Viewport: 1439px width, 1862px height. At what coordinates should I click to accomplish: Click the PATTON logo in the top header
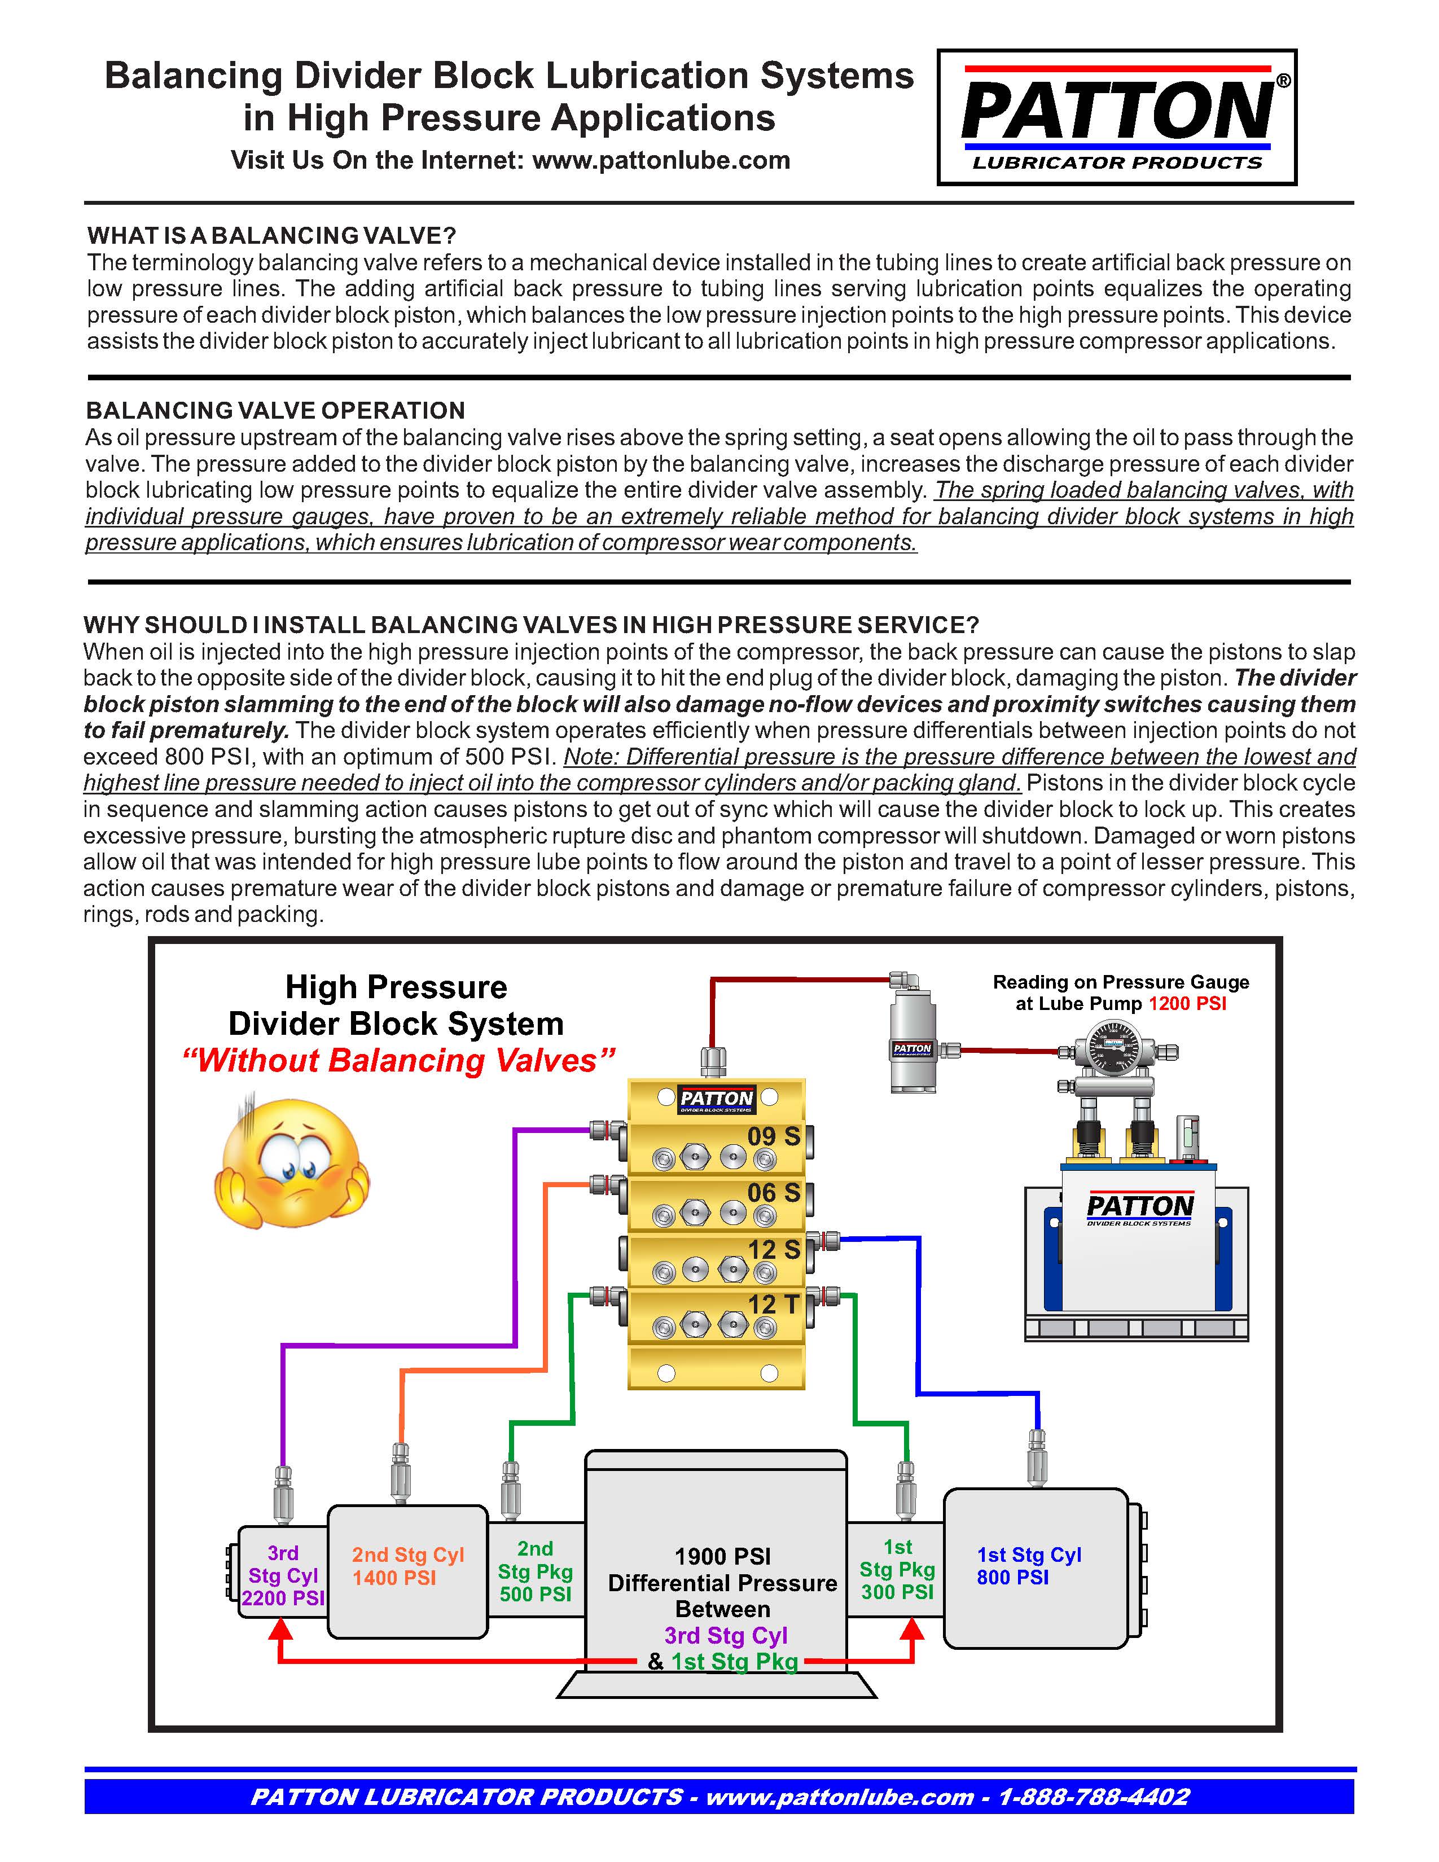[1117, 117]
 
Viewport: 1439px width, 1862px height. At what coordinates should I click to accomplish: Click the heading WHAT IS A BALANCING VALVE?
[271, 235]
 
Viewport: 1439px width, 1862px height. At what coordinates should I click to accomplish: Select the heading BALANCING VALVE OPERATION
[275, 411]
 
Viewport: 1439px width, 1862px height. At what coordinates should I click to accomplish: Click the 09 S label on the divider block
[773, 1136]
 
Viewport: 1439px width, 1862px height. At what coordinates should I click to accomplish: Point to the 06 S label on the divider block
[773, 1193]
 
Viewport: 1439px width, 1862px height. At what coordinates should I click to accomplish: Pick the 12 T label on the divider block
[773, 1305]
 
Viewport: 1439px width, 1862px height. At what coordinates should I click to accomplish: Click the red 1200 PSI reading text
[1187, 1003]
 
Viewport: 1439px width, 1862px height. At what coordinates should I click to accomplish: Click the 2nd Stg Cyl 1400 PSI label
[407, 1566]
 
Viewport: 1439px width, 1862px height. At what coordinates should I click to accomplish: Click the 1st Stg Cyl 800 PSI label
[1028, 1566]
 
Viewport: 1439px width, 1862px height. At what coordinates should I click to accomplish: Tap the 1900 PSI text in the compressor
[722, 1557]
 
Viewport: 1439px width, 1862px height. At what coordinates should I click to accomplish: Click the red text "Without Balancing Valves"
[397, 1061]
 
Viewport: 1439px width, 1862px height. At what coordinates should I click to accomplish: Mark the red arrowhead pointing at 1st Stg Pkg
[912, 1630]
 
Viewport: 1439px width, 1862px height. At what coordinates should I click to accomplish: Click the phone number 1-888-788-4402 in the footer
[1093, 1797]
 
